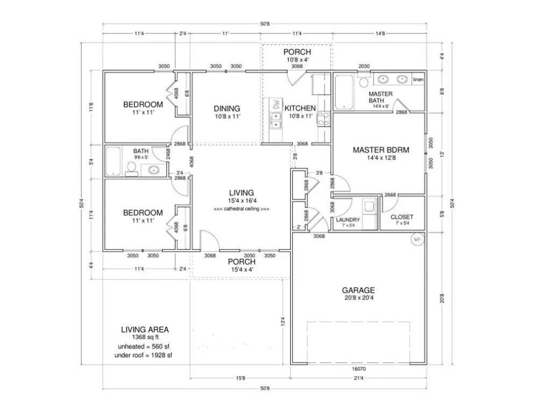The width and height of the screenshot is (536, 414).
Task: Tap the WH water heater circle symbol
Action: click(x=417, y=238)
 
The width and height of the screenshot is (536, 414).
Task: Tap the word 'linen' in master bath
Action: click(x=418, y=80)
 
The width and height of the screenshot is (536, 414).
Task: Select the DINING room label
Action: click(x=227, y=108)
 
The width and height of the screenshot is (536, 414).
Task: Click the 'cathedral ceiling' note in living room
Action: click(x=242, y=209)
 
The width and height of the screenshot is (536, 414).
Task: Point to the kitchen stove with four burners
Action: click(x=323, y=119)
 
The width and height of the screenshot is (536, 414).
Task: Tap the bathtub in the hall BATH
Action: click(x=114, y=161)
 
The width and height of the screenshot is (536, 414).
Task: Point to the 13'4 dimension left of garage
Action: click(x=283, y=321)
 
